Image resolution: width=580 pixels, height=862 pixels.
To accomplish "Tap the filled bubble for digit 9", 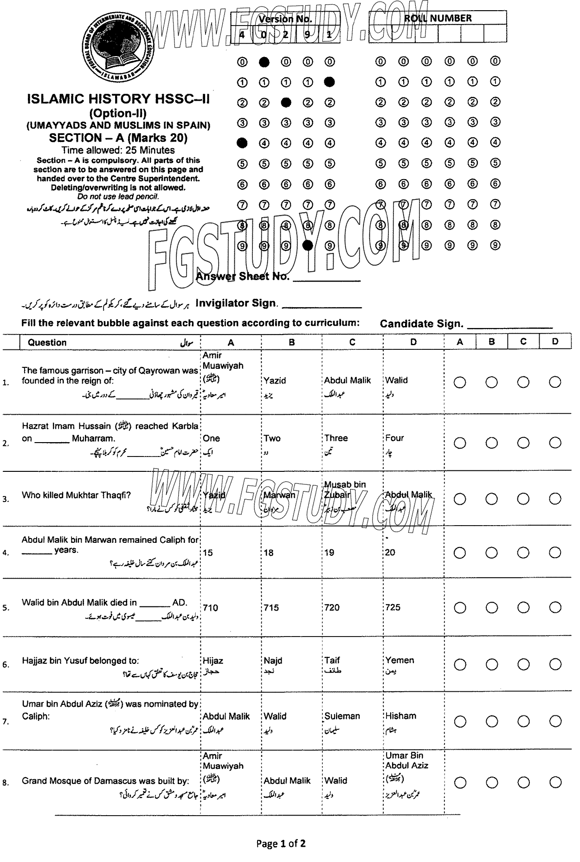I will (307, 245).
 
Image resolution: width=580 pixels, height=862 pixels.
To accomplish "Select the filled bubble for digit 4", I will (242, 143).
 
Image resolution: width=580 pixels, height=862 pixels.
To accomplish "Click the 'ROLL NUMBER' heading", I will (438, 18).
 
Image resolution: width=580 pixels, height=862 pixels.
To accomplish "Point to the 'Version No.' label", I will (285, 19).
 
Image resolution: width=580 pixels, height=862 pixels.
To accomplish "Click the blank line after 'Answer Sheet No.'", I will (327, 279).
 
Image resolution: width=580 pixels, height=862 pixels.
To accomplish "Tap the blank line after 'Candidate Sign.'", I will (510, 327).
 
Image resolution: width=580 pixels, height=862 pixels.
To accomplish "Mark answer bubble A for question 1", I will (460, 382).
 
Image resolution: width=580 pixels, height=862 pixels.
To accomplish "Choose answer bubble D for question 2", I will (555, 443).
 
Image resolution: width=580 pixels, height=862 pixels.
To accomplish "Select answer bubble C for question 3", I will (523, 499).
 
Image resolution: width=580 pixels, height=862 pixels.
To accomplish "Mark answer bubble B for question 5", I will (491, 607).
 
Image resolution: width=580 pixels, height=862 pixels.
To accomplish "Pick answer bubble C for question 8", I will (523, 783).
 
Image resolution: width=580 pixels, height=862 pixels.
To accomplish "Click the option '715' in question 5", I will (271, 607).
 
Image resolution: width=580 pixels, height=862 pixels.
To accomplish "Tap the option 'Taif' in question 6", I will (332, 660).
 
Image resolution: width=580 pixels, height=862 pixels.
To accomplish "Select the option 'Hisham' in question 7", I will (400, 716).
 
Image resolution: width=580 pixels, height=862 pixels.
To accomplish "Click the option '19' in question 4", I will (329, 553).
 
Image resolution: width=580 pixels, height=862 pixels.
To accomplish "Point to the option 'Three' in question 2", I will (336, 438).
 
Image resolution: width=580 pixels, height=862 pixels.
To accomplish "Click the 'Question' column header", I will (47, 342).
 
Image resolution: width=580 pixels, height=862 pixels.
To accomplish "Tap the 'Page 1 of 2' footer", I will (281, 843).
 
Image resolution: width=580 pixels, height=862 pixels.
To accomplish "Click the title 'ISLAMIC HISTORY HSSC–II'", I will (118, 98).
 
